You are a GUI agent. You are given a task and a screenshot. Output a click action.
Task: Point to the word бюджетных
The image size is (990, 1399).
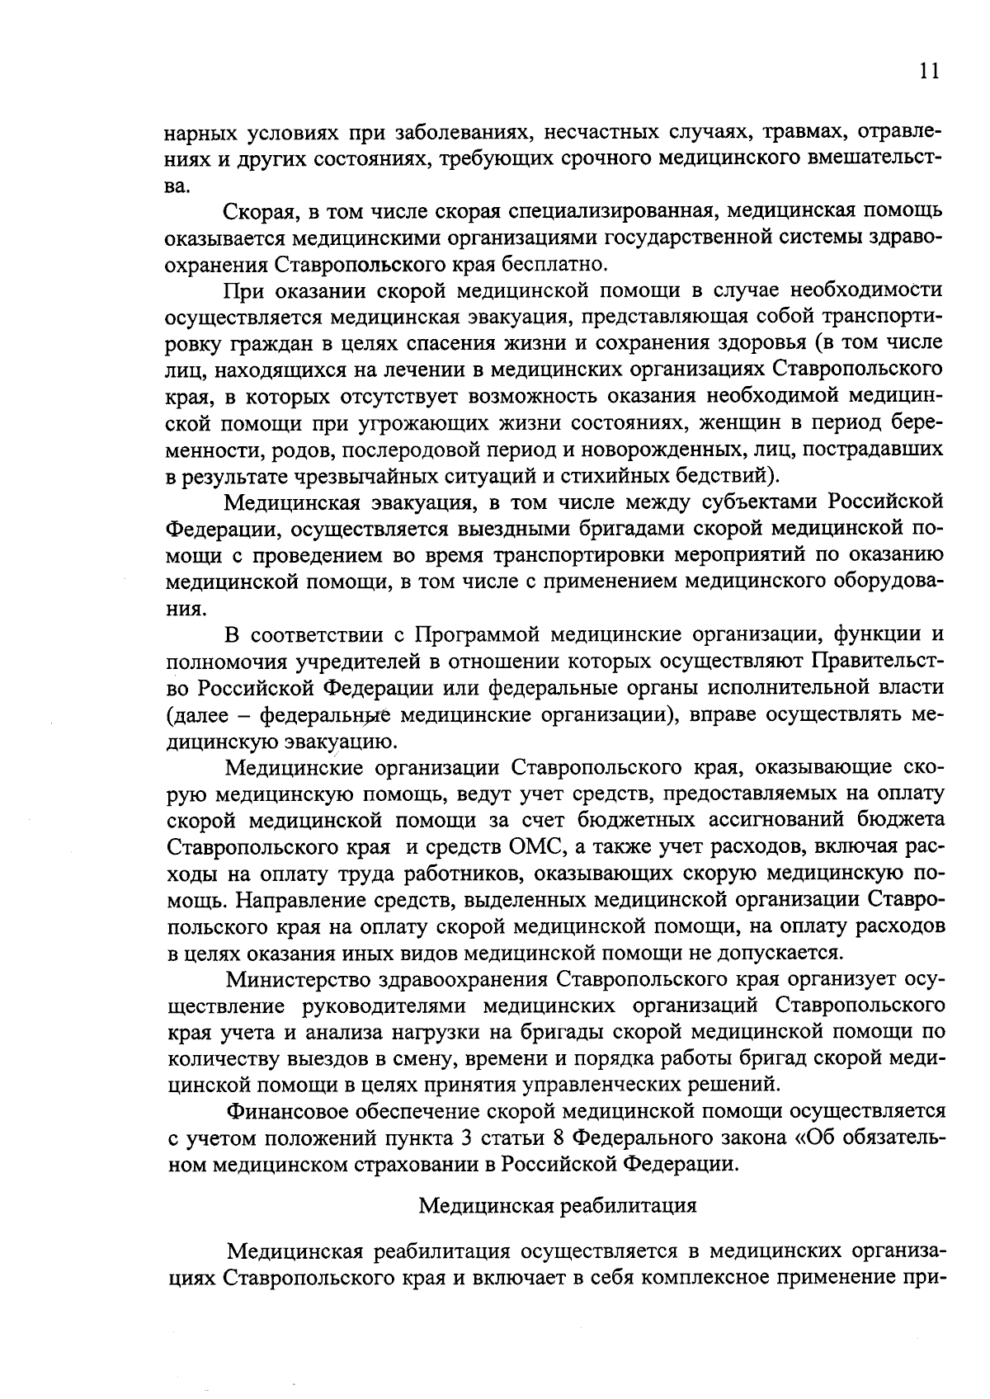[634, 820]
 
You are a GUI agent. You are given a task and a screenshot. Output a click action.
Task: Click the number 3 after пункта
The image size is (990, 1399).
[464, 1138]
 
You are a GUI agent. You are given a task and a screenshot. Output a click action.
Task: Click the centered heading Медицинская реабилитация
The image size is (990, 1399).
[558, 1205]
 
